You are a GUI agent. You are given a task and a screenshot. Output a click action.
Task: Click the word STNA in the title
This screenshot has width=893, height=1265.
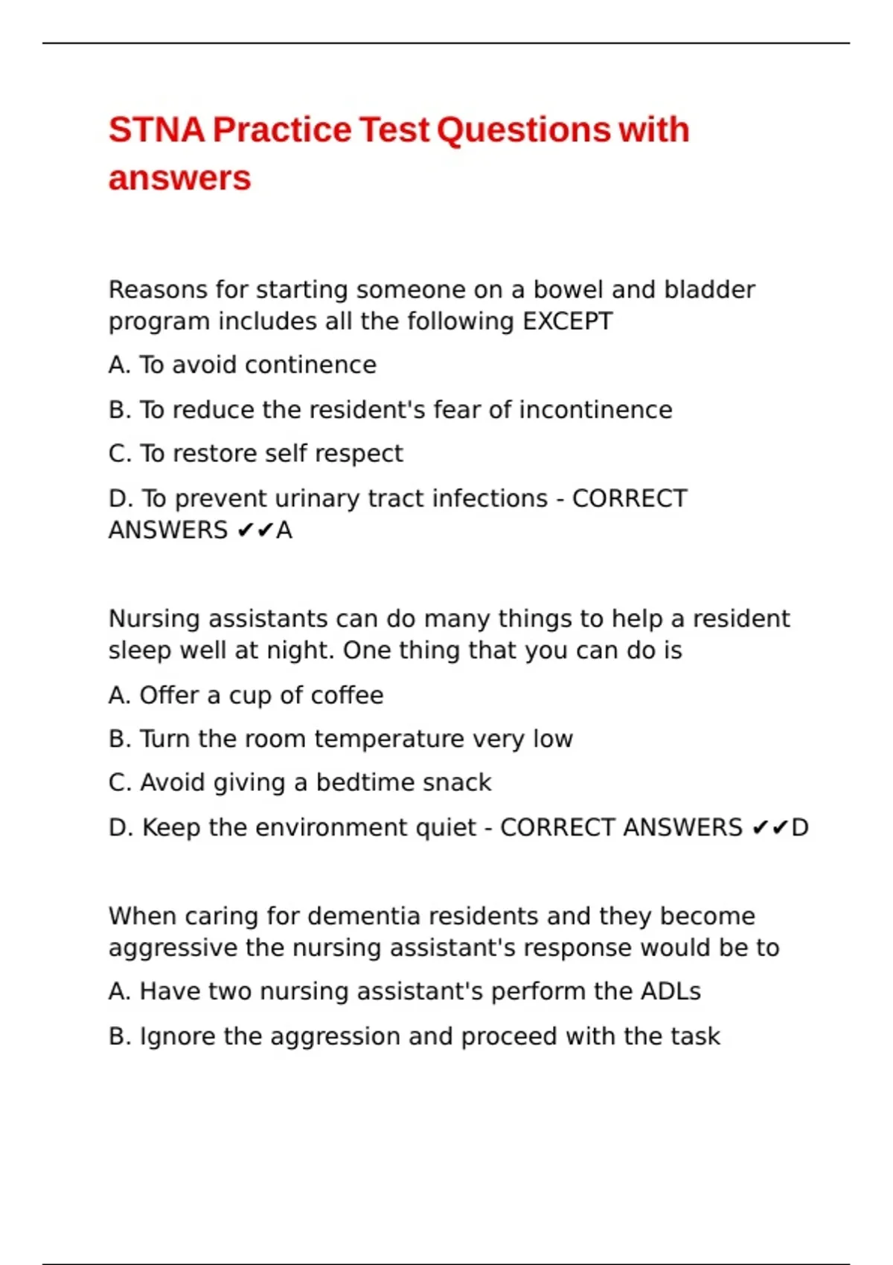tap(156, 130)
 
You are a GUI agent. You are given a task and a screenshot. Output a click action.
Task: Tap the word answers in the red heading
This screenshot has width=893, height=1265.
tap(179, 179)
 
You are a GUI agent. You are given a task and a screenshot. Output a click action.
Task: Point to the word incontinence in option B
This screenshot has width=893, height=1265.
tap(595, 410)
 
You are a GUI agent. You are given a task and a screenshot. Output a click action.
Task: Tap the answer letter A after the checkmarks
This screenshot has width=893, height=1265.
tap(284, 531)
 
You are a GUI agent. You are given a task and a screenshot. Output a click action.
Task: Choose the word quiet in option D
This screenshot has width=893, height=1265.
tap(446, 827)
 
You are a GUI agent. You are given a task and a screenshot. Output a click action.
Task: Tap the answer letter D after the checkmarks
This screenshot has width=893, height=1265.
tap(799, 827)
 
